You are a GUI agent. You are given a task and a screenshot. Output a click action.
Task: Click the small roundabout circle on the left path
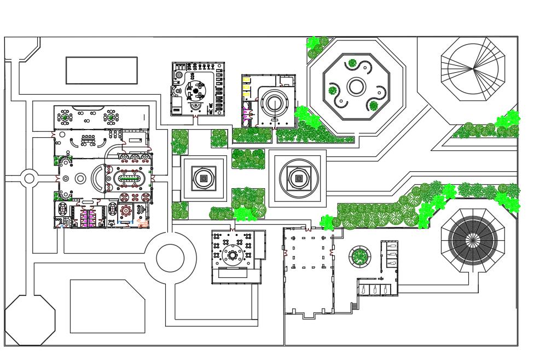tap(29, 178)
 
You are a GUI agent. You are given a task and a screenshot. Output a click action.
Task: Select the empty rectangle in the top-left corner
tap(102, 70)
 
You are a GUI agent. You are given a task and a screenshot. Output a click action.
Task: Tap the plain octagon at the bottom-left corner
tap(30, 320)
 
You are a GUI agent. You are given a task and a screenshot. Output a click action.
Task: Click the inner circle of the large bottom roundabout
tap(170, 258)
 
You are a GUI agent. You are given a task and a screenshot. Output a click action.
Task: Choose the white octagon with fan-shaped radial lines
tap(473, 69)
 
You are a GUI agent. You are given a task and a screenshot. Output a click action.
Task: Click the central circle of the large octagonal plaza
tap(356, 86)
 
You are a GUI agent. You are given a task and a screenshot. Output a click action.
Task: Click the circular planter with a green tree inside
tap(359, 256)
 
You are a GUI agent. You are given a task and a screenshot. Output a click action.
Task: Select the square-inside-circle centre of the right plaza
tap(298, 178)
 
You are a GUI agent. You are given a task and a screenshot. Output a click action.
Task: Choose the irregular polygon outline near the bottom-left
tap(107, 306)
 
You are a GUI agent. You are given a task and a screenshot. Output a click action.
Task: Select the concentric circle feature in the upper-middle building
tap(272, 102)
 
